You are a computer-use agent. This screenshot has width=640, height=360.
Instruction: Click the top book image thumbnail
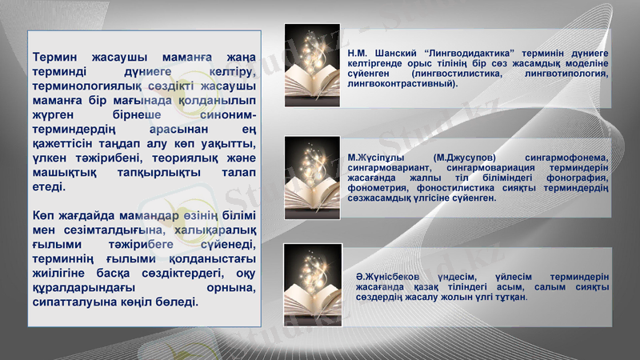tap(313, 66)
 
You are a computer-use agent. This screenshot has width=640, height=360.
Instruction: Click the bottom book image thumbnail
tap(313, 285)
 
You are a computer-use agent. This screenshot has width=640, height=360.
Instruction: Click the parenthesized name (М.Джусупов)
tap(464, 158)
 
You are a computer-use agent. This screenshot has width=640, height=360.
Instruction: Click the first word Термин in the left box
tap(58, 58)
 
